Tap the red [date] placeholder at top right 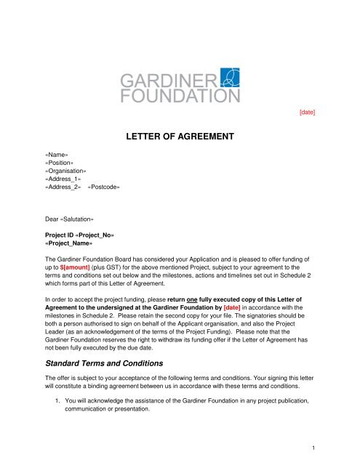(x=307, y=113)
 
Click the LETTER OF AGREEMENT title (x=179, y=135)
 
